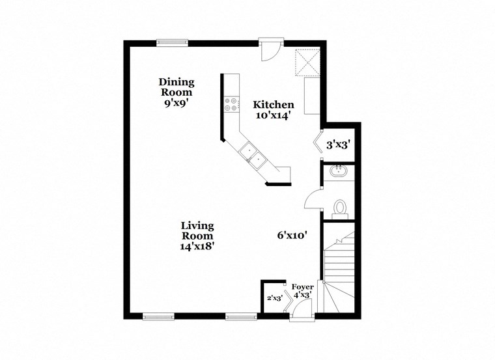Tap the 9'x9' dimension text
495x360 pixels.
pyautogui.click(x=177, y=103)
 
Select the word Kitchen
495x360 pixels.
pyautogui.click(x=274, y=104)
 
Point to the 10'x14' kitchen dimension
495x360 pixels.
pyautogui.click(x=274, y=116)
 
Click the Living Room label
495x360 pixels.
pyautogui.click(x=197, y=230)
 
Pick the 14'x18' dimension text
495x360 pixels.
pyautogui.click(x=197, y=246)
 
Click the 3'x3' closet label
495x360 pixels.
pyautogui.click(x=339, y=145)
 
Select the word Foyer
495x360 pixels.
pyautogui.click(x=302, y=286)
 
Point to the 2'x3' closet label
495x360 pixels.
pyautogui.click(x=274, y=299)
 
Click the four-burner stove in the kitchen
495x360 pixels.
pyautogui.click(x=231, y=105)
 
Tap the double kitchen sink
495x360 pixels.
pyautogui.click(x=251, y=154)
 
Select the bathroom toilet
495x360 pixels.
pyautogui.click(x=339, y=207)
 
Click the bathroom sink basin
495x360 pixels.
pyautogui.click(x=339, y=173)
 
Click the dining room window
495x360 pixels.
pyautogui.click(x=173, y=43)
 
